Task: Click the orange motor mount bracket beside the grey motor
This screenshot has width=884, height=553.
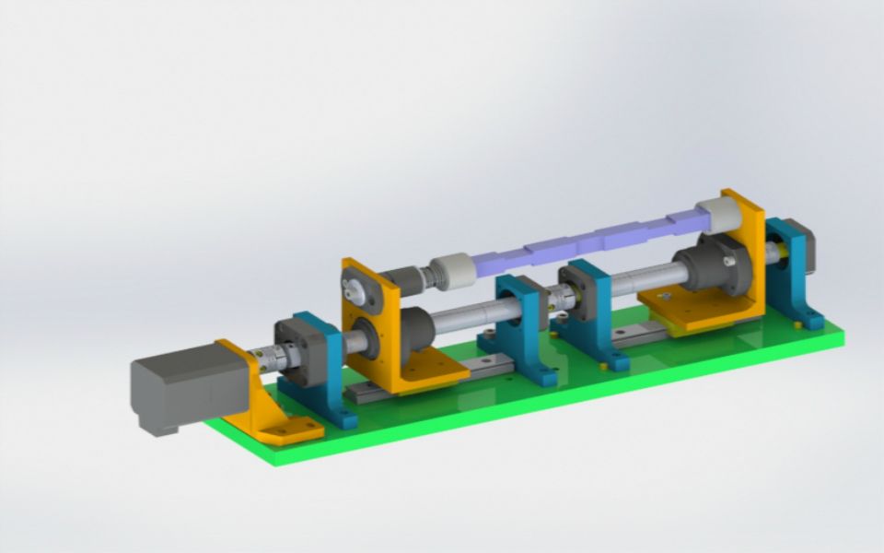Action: point(267,406)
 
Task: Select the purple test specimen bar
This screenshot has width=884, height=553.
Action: point(589,238)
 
